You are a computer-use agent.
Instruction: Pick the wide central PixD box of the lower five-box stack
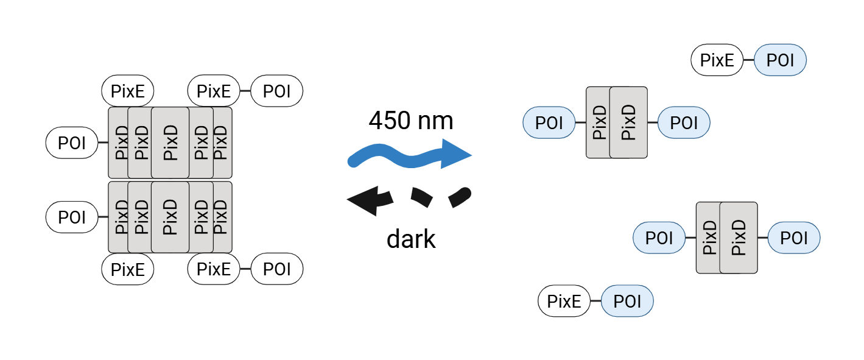pos(170,217)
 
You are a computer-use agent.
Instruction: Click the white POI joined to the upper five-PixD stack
pos(72,144)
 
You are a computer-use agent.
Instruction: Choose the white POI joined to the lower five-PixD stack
pos(72,217)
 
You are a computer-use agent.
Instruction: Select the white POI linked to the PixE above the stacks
pos(276,92)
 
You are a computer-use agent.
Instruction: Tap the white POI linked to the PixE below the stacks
pos(276,269)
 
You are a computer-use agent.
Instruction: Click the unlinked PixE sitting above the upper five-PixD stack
pos(128,92)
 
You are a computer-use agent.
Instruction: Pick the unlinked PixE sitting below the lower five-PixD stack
pos(128,269)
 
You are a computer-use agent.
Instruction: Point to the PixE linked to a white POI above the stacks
pos(214,92)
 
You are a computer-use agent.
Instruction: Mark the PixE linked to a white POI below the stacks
pos(214,269)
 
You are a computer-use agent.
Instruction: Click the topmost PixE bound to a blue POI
pos(717,60)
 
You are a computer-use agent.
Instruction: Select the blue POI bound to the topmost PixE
pos(780,60)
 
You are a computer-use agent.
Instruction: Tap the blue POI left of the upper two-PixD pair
pos(549,122)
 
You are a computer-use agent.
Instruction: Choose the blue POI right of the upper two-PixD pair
pos(684,122)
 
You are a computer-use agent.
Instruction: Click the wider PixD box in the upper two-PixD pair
pos(628,122)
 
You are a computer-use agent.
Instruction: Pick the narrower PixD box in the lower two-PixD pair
pos(708,238)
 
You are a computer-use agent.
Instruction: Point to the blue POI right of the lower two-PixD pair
pos(793,238)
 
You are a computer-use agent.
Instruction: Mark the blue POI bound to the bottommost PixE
pos(627,302)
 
